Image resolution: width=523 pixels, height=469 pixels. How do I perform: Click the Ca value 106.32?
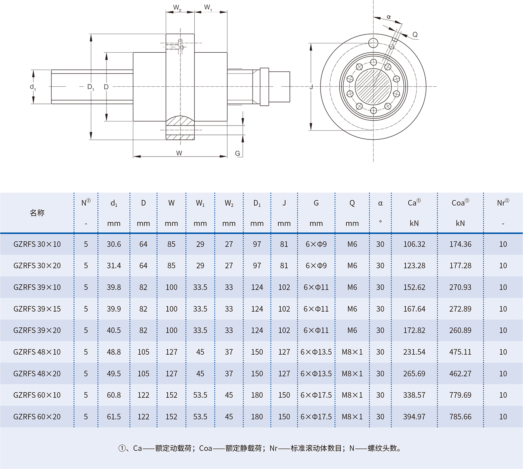(414, 244)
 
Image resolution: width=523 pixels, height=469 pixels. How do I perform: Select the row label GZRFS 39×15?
(37, 309)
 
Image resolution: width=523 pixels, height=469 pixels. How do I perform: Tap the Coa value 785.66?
(460, 417)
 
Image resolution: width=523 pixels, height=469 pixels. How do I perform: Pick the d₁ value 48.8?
(114, 352)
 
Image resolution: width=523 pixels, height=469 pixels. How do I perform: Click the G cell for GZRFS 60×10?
(316, 395)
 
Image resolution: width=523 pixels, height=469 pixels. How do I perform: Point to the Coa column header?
(460, 203)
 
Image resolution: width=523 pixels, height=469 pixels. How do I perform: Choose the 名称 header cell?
(37, 213)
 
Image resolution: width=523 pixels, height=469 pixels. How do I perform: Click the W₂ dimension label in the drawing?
(177, 8)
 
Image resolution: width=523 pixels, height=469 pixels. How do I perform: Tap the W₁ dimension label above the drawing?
(208, 8)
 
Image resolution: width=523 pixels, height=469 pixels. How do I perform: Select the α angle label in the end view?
(389, 17)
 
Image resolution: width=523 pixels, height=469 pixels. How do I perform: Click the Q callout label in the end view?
(415, 35)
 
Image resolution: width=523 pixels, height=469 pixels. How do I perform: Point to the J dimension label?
(311, 87)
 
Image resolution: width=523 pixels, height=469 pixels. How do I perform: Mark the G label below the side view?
(238, 153)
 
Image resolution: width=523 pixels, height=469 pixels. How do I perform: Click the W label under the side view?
(179, 153)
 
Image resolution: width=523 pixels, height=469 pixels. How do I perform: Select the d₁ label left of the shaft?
(33, 87)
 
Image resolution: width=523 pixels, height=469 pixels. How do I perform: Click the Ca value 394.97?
(414, 417)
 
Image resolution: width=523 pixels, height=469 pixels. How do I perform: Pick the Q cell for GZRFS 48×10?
(352, 352)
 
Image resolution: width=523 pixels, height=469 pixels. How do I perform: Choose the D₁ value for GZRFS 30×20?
(257, 266)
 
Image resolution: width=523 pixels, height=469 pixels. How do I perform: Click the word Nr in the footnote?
(273, 448)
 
